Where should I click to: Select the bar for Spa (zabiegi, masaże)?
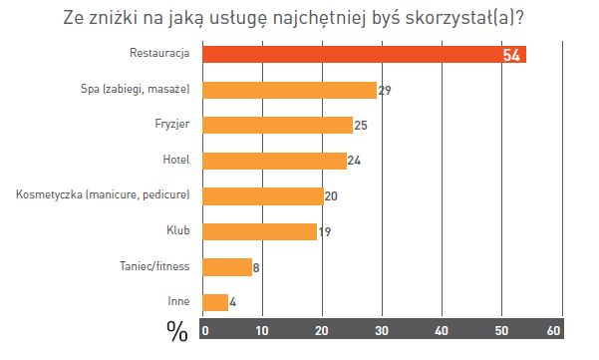(289, 90)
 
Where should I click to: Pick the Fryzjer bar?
(277, 125)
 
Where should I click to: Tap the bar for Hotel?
(274, 160)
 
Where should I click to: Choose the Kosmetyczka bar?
(262, 195)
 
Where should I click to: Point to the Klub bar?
(259, 231)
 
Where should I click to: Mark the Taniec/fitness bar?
(226, 266)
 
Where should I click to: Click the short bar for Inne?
(214, 301)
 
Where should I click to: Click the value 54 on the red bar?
(512, 55)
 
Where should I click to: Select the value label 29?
(384, 91)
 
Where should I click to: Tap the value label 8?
(258, 266)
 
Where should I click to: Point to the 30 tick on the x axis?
(380, 328)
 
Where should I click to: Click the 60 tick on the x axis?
(555, 328)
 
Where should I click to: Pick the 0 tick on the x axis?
(205, 328)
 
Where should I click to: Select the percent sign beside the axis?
(177, 330)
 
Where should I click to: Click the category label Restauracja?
(160, 54)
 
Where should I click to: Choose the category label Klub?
(178, 231)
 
